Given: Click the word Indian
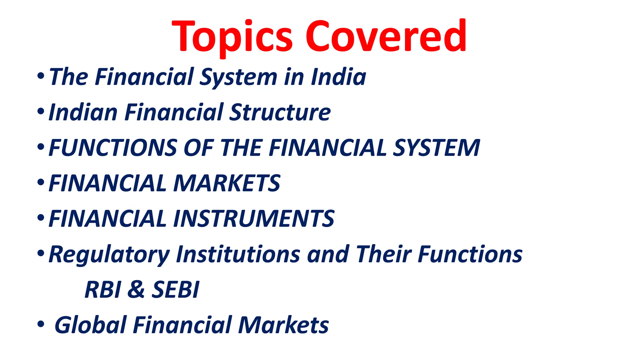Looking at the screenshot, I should [83, 112].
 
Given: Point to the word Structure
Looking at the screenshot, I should [280, 112].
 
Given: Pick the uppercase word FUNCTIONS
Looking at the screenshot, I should [113, 147].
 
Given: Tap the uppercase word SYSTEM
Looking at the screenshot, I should [436, 147].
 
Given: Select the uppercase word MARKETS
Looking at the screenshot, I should [227, 183].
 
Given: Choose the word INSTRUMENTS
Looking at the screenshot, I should [254, 218].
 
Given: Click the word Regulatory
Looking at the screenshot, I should [109, 254].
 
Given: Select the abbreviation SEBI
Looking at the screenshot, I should [175, 290].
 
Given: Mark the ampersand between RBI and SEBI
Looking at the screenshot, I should [136, 290].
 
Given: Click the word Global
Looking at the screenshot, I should [90, 325].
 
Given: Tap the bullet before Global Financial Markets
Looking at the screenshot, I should [41, 324].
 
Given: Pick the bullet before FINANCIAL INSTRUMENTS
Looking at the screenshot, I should [41, 218].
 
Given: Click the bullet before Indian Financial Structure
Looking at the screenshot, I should [41, 111].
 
